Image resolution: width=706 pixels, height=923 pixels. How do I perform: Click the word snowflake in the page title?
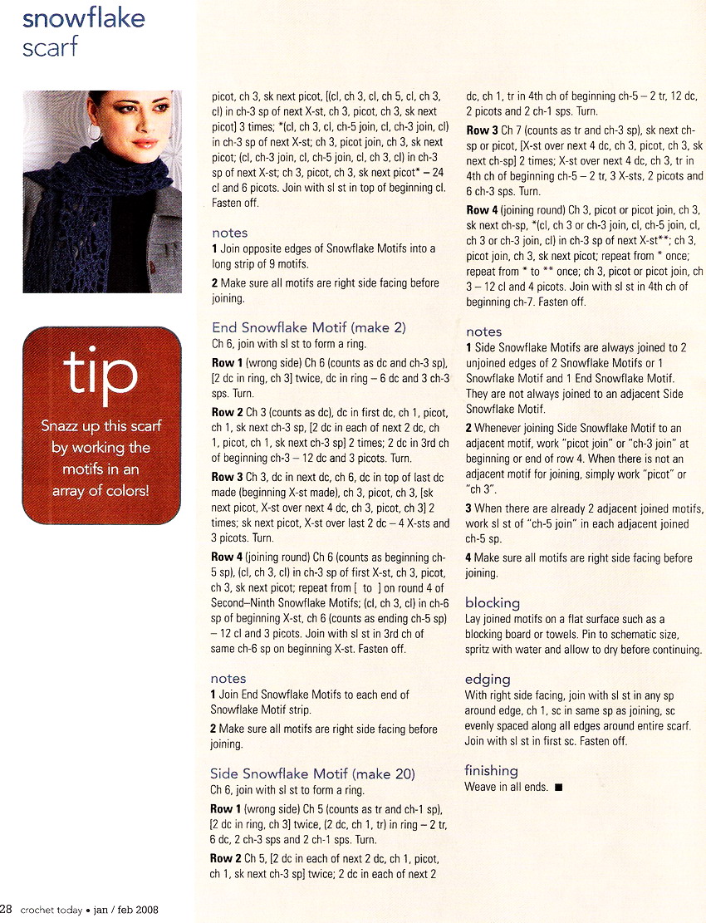84,17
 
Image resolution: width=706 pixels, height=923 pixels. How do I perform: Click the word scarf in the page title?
51,47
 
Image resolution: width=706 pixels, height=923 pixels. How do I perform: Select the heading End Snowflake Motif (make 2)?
308,327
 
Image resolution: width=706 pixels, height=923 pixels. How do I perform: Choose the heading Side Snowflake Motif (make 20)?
312,773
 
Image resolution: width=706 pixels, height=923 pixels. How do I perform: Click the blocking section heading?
492,602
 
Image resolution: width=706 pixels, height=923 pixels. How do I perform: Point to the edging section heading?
487,679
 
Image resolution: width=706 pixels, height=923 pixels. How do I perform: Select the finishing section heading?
491,770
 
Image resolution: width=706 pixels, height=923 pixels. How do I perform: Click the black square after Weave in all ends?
558,788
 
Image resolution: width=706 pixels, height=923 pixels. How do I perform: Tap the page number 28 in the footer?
6,909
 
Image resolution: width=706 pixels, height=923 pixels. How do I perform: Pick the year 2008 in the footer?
145,910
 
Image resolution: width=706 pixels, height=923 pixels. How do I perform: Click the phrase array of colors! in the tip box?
101,490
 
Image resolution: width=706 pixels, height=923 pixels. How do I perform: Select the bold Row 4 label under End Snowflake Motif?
228,557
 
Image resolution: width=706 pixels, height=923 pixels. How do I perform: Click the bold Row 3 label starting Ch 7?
483,130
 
